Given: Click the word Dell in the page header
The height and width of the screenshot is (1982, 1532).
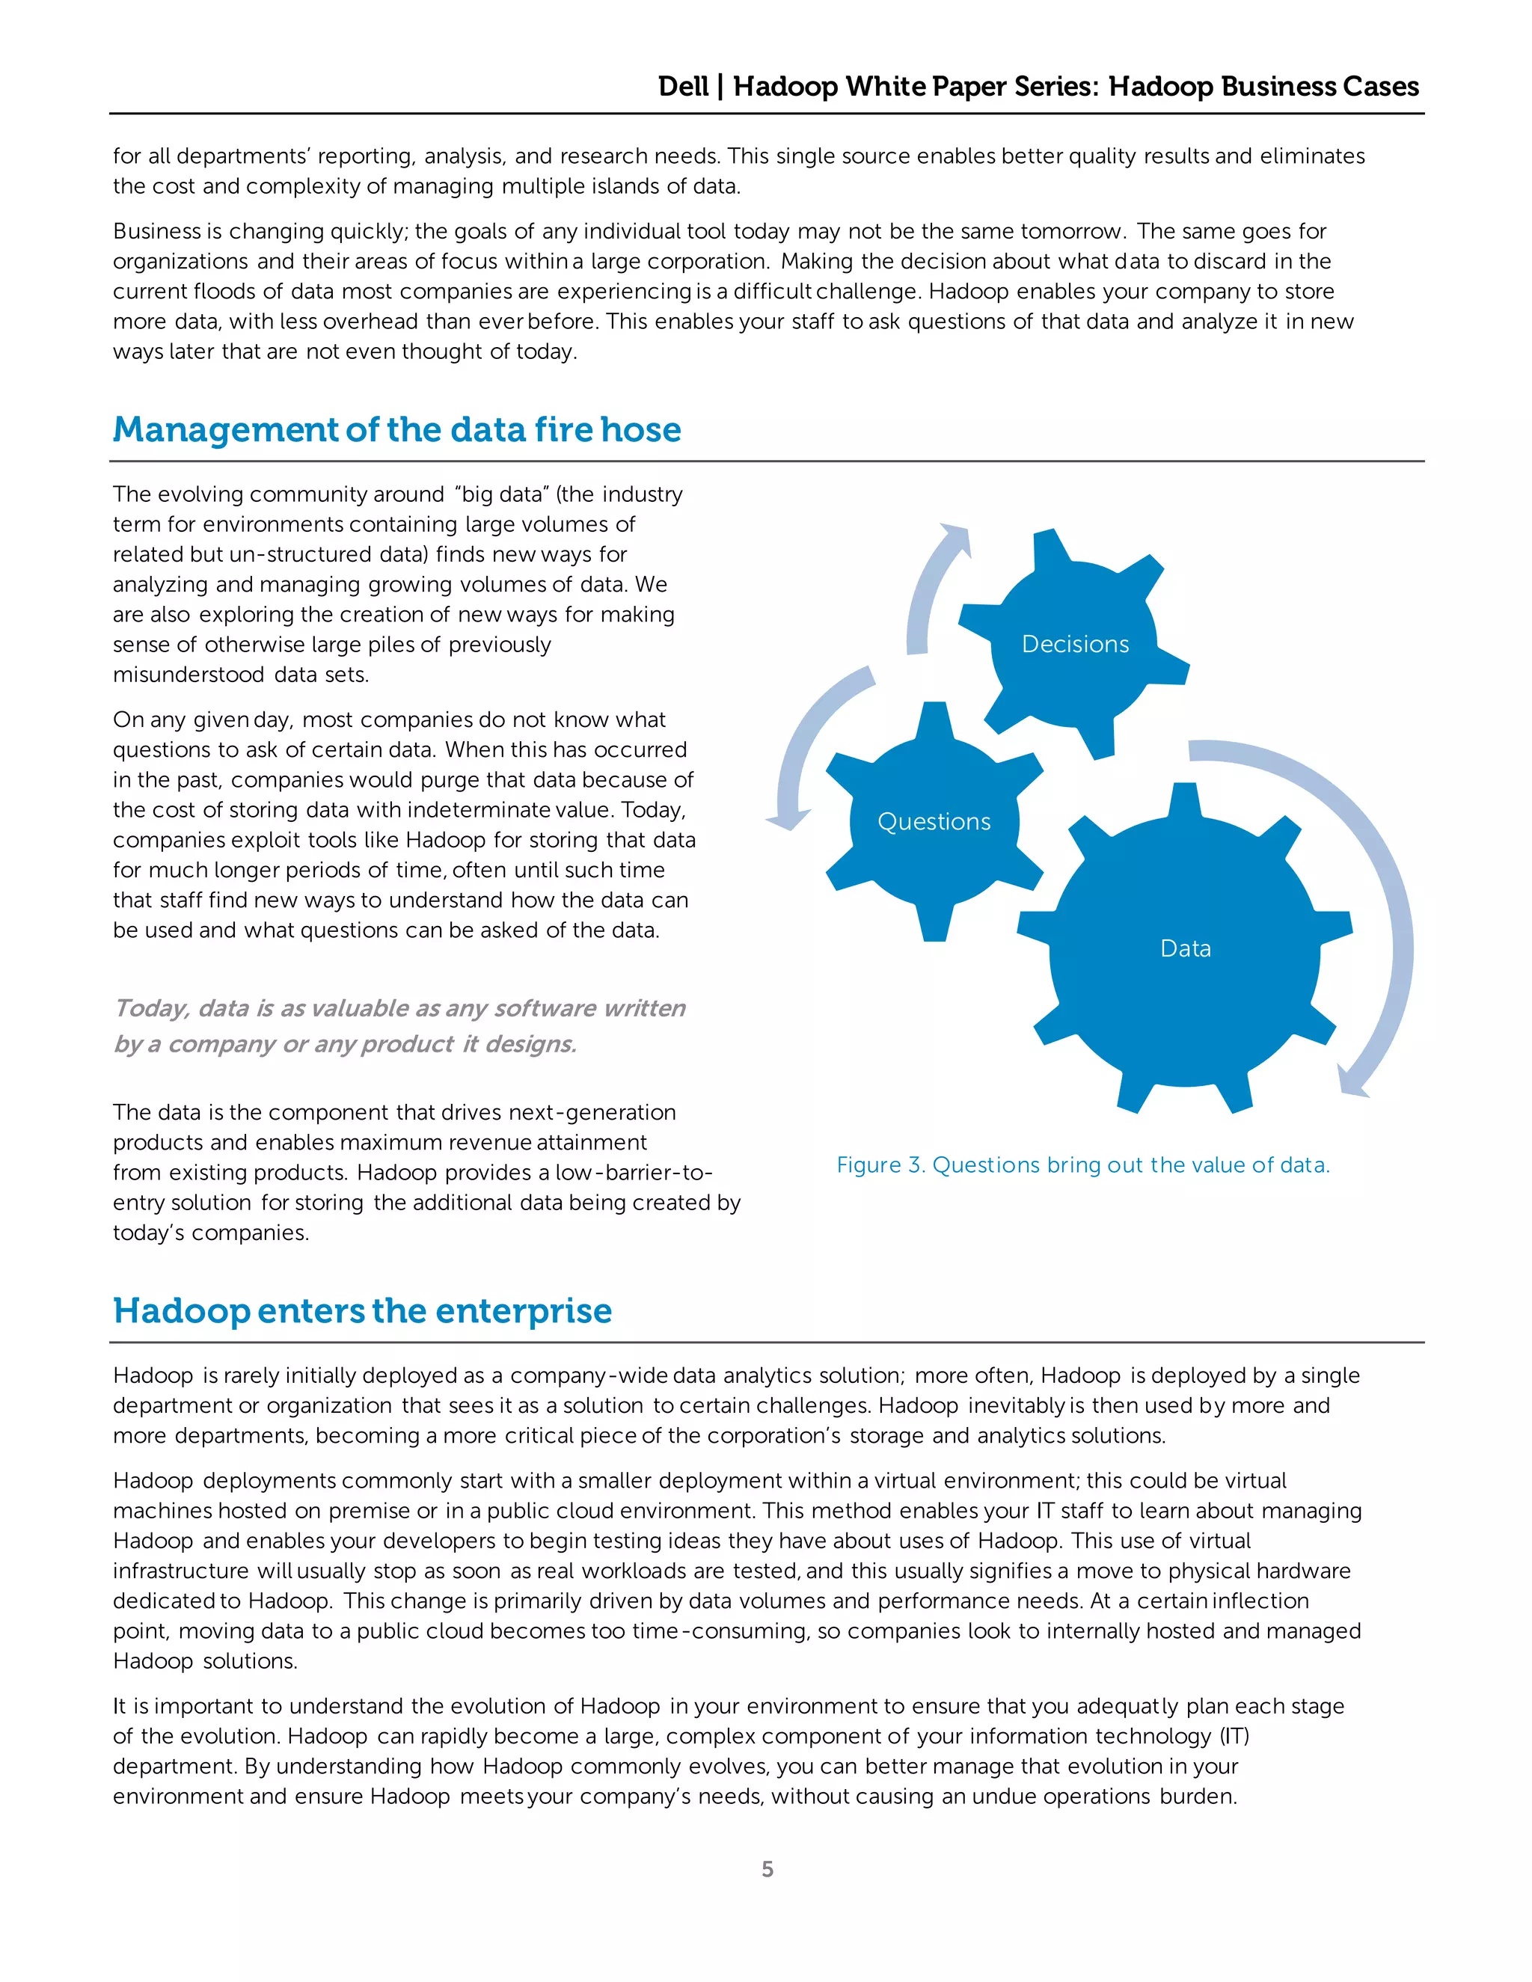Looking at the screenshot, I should tap(682, 86).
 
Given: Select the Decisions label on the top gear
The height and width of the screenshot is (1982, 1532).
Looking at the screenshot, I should tap(1075, 643).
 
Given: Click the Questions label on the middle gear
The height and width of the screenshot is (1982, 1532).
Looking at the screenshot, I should tap(934, 821).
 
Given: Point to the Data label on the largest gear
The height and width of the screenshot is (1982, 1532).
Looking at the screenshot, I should tap(1186, 948).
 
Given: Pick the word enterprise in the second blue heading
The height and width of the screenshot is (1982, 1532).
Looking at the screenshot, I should tap(524, 1310).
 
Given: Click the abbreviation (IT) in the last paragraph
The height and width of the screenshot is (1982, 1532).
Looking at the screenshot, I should tap(1234, 1736).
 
